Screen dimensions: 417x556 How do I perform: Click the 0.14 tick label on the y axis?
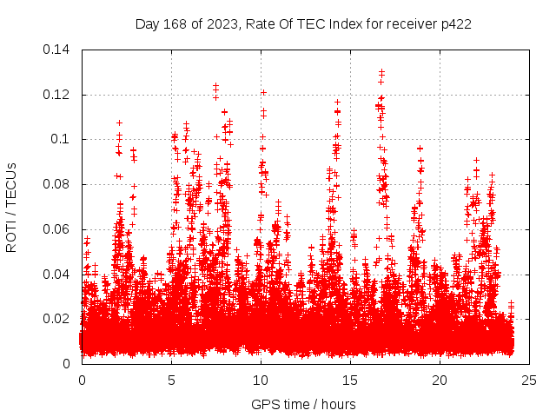point(57,49)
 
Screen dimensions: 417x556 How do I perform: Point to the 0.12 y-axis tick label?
point(57,94)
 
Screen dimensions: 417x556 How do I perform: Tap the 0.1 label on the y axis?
point(63,139)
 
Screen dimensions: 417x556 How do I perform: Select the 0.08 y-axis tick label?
point(57,184)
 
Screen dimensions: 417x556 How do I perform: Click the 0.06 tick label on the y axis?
point(57,229)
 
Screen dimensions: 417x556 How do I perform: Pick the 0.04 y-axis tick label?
point(57,275)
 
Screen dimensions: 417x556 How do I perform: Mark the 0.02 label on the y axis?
point(57,319)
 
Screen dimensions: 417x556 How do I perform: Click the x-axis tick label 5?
point(171,380)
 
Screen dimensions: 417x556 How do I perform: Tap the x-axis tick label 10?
point(261,380)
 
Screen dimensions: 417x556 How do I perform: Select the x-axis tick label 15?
point(350,380)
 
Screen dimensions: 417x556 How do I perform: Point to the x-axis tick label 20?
point(440,380)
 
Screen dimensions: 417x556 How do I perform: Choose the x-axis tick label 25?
point(529,380)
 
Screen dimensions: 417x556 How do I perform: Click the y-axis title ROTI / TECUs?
point(12,207)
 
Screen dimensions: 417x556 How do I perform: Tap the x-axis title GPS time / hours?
point(303,404)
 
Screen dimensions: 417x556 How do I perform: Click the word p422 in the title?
point(456,23)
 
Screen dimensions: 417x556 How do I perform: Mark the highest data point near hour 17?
point(381,71)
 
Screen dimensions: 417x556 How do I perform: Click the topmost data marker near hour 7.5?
point(215,85)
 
